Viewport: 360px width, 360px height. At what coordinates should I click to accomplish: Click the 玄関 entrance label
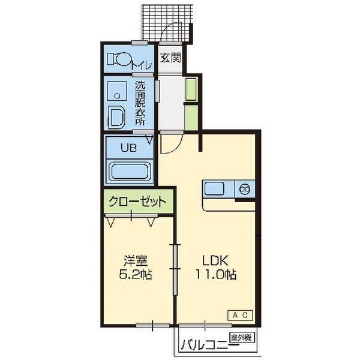coord(171,58)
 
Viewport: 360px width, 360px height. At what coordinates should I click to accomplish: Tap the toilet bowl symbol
coord(120,59)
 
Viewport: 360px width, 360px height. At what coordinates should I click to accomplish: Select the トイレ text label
coord(142,65)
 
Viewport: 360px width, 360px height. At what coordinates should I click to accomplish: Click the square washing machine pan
coord(117,91)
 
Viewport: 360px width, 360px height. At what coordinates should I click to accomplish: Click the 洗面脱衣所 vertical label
coord(140,103)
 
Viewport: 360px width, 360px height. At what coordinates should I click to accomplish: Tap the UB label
coord(128,148)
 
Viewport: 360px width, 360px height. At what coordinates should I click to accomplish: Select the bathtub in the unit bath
coord(129,171)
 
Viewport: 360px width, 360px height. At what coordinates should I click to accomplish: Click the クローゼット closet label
coord(138,202)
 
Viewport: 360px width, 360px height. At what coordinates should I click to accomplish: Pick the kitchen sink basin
coord(214,188)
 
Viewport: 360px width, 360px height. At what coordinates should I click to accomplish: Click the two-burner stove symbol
coord(245,189)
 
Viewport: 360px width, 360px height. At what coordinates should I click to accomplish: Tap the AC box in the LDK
coord(240,315)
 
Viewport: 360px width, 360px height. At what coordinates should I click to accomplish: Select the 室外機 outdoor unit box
coord(242,337)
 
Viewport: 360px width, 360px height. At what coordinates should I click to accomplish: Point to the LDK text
coord(215,260)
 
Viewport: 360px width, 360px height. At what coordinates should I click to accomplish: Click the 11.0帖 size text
coord(215,274)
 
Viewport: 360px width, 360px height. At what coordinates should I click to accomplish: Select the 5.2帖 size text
coord(136,274)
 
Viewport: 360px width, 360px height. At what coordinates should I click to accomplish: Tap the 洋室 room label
coord(136,260)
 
